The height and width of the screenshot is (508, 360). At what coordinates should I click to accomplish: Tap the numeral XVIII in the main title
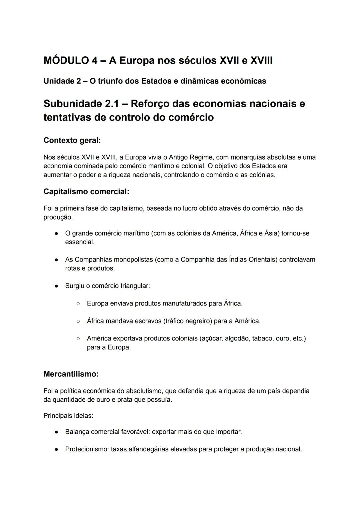coord(261,61)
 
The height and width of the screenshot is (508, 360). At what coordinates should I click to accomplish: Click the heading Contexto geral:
coord(72,140)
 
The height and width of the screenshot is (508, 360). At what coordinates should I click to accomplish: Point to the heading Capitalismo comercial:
coord(86,192)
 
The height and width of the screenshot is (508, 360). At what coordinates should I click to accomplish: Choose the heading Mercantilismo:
coord(71,374)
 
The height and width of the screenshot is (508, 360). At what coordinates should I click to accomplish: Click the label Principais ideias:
coord(68,416)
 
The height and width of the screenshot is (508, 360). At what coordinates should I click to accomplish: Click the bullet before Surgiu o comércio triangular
coord(57,286)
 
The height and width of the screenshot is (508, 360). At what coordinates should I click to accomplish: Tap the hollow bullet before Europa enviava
coord(78,303)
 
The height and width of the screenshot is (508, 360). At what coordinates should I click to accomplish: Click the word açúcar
coord(212,338)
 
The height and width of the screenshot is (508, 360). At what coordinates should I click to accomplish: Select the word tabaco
coord(262,338)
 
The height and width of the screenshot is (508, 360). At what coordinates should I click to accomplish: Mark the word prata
coord(125,399)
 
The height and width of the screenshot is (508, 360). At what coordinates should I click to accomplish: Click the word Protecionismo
coord(86,449)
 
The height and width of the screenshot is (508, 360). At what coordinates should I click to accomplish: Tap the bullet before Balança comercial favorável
coord(57,432)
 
